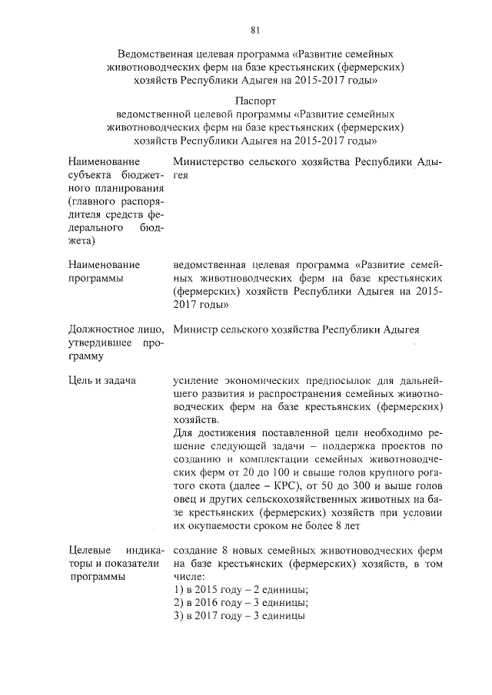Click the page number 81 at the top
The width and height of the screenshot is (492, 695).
(255, 30)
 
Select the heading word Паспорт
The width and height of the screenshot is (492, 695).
(255, 100)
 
